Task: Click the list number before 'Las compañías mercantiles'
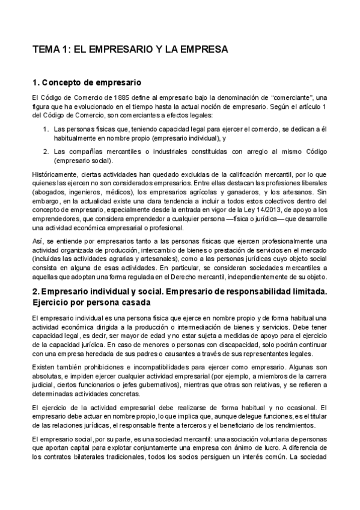pyautogui.click(x=46, y=151)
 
